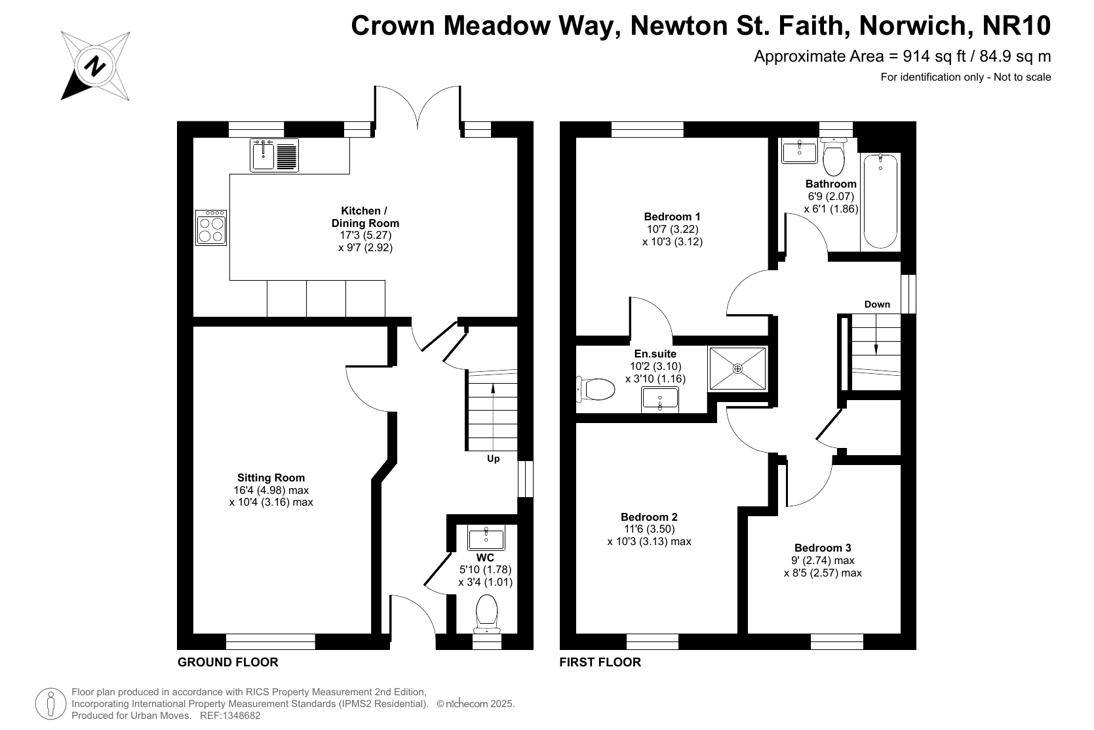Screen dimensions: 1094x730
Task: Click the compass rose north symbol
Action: pyautogui.click(x=95, y=66)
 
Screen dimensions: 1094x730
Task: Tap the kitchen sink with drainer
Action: pyautogui.click(x=274, y=155)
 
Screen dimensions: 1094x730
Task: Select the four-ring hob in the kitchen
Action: pyautogui.click(x=211, y=227)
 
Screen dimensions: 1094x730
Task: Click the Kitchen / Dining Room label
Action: pyautogui.click(x=365, y=217)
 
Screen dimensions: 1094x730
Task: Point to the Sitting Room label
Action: pyautogui.click(x=271, y=477)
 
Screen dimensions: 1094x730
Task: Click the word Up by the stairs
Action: pyautogui.click(x=494, y=459)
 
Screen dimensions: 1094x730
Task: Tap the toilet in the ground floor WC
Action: pyautogui.click(x=486, y=614)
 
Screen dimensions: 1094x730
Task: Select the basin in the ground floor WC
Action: pyautogui.click(x=486, y=538)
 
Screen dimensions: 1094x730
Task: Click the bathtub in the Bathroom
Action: pyautogui.click(x=880, y=201)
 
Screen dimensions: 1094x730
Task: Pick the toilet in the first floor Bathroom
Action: pyautogui.click(x=834, y=156)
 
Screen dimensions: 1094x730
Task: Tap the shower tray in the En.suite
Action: pyautogui.click(x=737, y=369)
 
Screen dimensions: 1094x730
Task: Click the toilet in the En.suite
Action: pyautogui.click(x=595, y=389)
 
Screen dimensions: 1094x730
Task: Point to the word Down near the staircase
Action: pyautogui.click(x=877, y=304)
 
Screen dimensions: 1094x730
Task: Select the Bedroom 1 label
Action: pyautogui.click(x=672, y=216)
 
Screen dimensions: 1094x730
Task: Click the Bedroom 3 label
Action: pyautogui.click(x=823, y=548)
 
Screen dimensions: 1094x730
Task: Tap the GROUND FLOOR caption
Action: pyautogui.click(x=227, y=662)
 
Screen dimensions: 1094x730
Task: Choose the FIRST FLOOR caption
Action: pyautogui.click(x=600, y=662)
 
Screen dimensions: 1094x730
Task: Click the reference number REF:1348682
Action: pyautogui.click(x=230, y=716)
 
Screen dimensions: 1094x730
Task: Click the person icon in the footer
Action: pyautogui.click(x=50, y=704)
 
